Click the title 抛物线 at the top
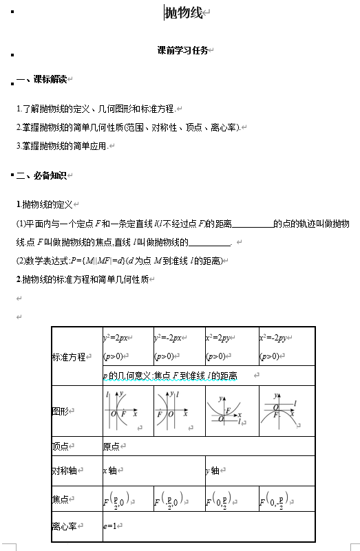pos(184,13)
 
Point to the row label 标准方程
pos(68,357)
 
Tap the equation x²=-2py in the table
pos(275,338)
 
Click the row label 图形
pos(61,411)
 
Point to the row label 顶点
pos(61,446)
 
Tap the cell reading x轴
pos(109,471)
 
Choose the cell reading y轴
pos(212,471)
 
